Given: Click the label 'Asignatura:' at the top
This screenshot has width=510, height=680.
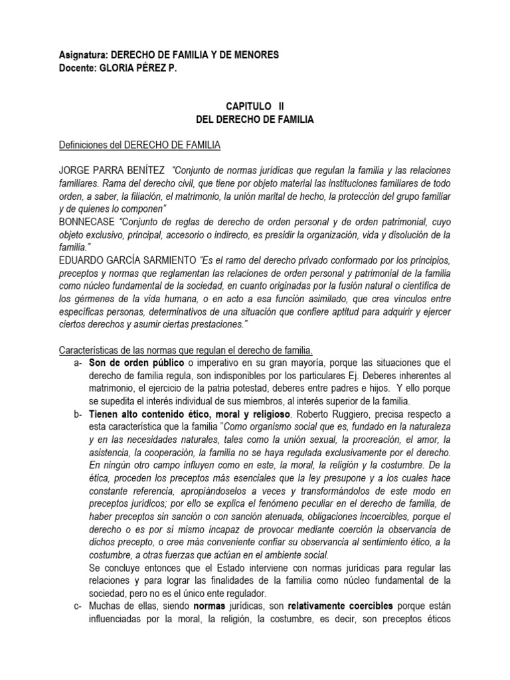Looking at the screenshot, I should (82, 57).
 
